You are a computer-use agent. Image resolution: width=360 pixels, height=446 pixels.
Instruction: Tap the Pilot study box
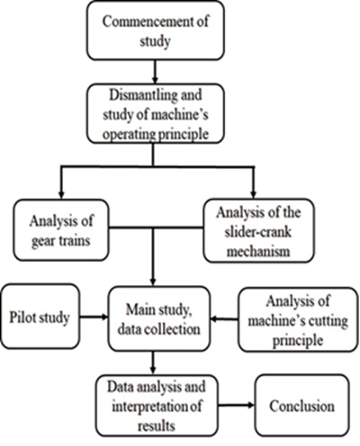[x=40, y=317]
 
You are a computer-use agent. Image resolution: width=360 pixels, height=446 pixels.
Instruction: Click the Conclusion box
[x=302, y=406]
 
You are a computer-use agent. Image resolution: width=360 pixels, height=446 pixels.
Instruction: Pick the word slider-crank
[x=257, y=232]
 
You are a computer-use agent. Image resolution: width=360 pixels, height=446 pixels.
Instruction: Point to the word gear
[x=43, y=241]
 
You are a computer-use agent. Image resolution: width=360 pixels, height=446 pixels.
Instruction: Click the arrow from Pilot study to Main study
[x=94, y=317]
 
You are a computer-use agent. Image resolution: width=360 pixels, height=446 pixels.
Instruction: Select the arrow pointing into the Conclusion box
[x=236, y=406]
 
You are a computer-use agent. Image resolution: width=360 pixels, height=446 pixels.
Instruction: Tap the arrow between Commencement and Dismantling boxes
[x=155, y=72]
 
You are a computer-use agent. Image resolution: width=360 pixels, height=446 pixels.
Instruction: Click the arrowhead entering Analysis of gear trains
[x=61, y=195]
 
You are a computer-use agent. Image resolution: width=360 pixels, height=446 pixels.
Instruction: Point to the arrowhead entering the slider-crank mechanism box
[x=254, y=194]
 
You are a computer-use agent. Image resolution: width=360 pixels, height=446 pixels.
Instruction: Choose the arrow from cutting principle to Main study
[x=225, y=319]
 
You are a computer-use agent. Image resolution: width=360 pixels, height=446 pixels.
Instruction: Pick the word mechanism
[x=258, y=251]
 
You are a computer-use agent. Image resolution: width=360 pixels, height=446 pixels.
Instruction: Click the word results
[x=157, y=426]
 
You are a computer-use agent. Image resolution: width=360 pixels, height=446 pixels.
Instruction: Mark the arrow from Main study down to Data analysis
[x=153, y=362]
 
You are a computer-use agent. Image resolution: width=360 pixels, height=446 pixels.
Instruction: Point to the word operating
[x=129, y=135]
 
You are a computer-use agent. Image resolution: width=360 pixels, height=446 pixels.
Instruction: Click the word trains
[x=74, y=241]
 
